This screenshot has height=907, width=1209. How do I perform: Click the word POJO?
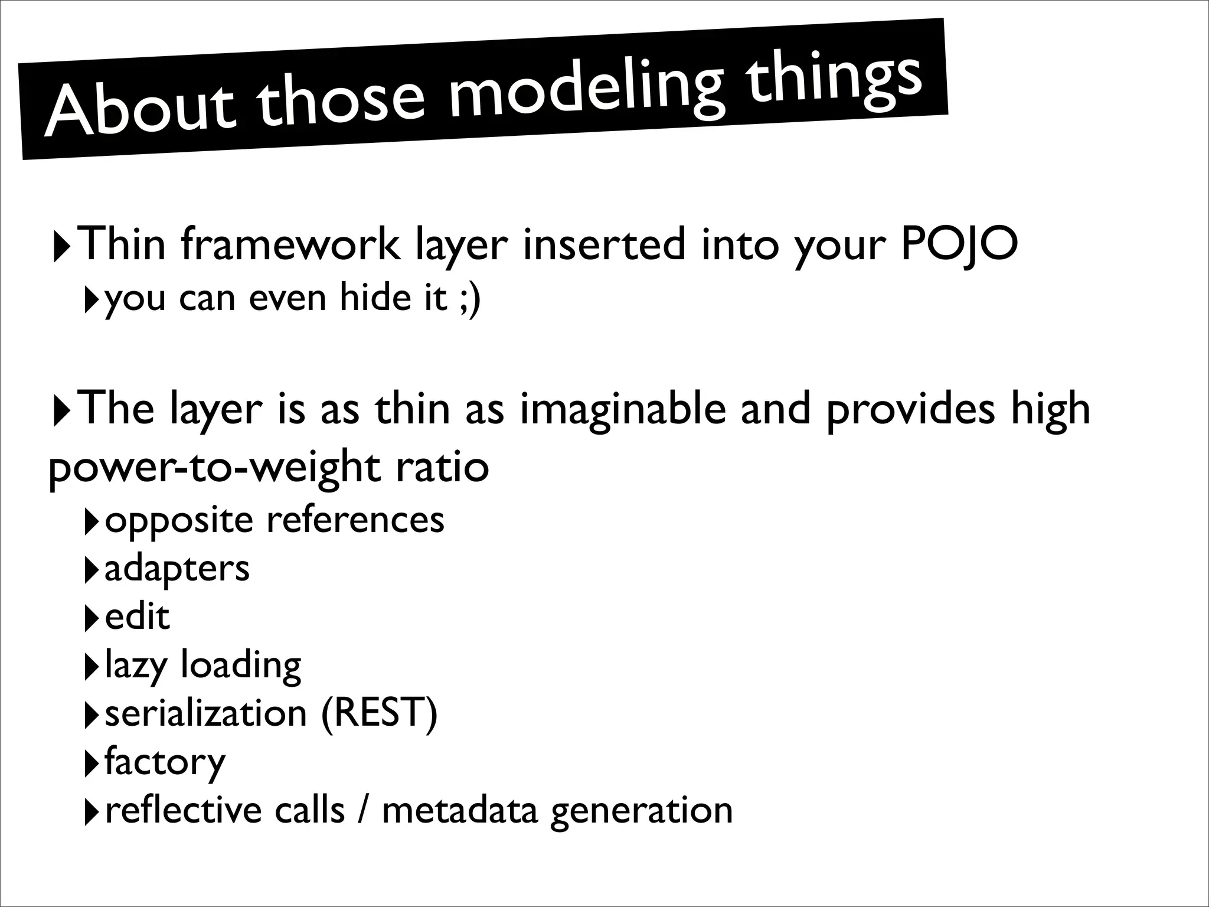tap(959, 244)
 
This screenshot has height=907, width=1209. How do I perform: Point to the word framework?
tap(290, 244)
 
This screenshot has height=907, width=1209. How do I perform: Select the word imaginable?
tap(623, 410)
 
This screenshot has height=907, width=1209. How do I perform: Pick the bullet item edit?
tap(137, 616)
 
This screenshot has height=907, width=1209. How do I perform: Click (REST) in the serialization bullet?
tap(379, 713)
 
